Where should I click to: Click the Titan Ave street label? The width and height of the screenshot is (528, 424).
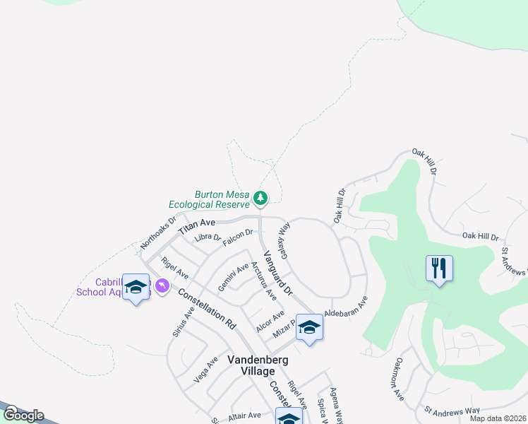[x=197, y=226]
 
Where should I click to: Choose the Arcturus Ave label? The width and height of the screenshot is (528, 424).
[x=264, y=283]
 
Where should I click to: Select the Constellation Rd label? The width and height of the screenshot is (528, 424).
[x=206, y=310]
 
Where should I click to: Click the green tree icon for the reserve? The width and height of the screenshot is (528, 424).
[x=260, y=197]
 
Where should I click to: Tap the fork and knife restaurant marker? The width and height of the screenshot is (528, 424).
[x=439, y=268]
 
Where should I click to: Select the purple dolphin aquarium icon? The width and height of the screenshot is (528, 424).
[x=162, y=285]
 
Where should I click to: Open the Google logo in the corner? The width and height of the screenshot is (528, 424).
[x=23, y=415]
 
